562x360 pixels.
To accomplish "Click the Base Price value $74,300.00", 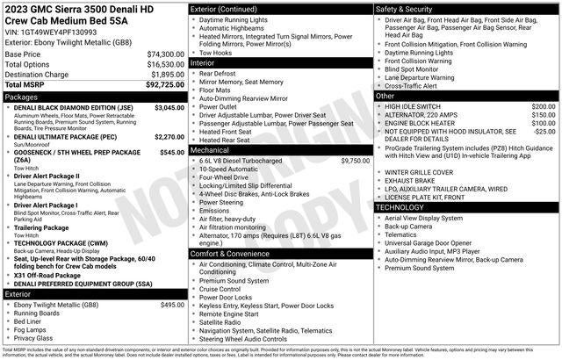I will pos(164,54).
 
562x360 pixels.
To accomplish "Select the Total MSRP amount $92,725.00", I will pos(164,84).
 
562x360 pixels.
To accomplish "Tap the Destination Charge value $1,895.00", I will pos(166,75).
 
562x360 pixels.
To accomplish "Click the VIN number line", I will pos(50,32).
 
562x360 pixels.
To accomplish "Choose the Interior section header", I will pos(204,63).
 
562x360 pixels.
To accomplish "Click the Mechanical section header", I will pos(209,150).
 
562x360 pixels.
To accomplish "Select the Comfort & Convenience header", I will pos(231,253).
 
